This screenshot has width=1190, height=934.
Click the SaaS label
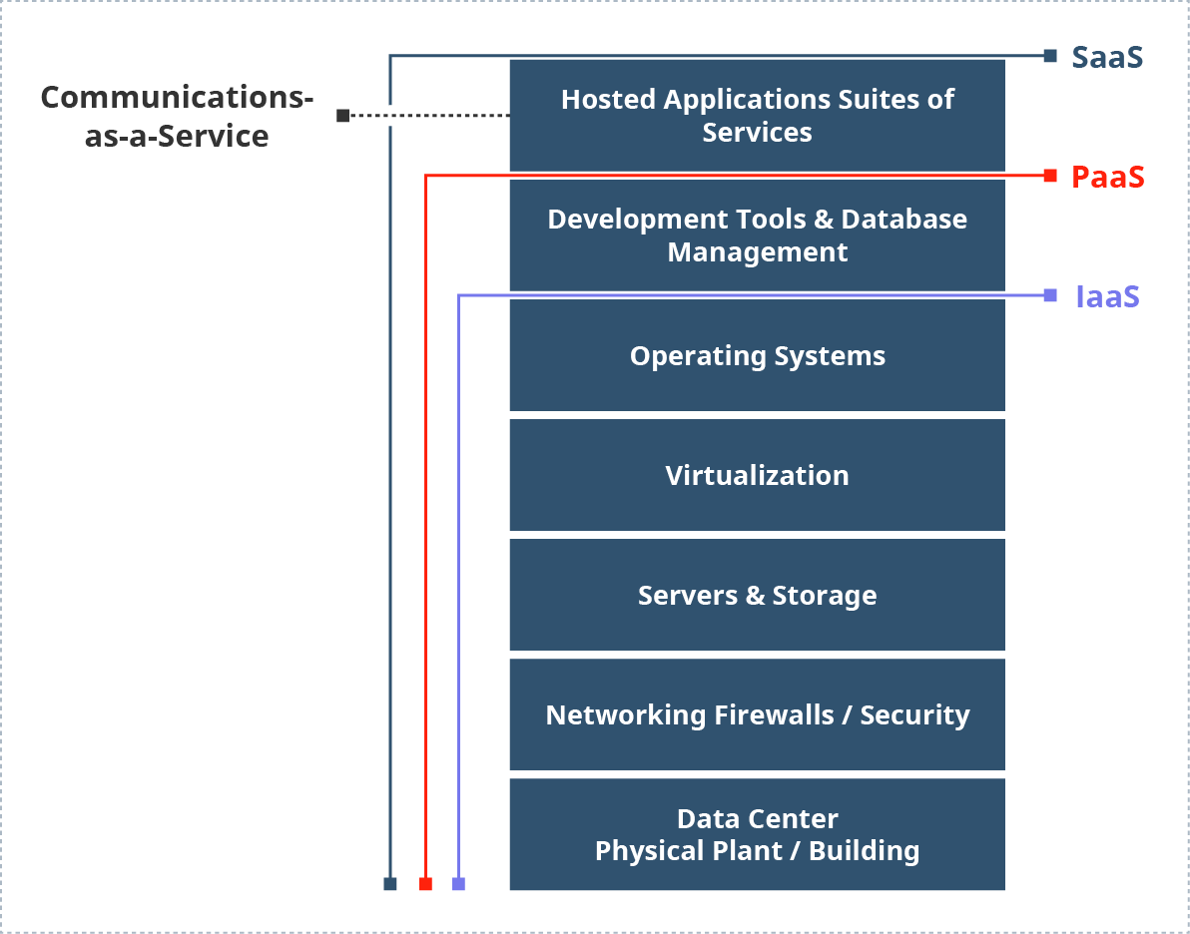point(1107,57)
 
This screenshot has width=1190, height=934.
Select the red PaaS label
point(1107,177)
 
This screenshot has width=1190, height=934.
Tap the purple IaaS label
point(1107,296)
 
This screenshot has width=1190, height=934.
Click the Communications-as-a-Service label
point(177,116)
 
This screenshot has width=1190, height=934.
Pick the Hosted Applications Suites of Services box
point(757,115)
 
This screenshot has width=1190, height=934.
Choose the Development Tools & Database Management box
point(757,234)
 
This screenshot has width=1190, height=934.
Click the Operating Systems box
point(757,355)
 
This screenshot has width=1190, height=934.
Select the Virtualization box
point(757,475)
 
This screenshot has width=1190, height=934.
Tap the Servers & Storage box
point(757,595)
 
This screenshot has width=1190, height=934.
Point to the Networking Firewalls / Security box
point(757,714)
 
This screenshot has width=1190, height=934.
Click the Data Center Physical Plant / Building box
point(757,834)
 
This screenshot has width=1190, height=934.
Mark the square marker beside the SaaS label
point(1050,57)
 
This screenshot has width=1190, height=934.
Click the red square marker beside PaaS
point(1050,177)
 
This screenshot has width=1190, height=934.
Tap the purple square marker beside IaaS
point(1050,295)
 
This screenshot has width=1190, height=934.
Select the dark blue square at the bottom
point(390,884)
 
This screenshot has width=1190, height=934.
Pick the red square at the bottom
point(425,884)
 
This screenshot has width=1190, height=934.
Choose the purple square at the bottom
point(458,884)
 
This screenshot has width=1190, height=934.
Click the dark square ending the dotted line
point(342,116)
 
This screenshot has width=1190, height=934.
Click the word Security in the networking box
point(914,714)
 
